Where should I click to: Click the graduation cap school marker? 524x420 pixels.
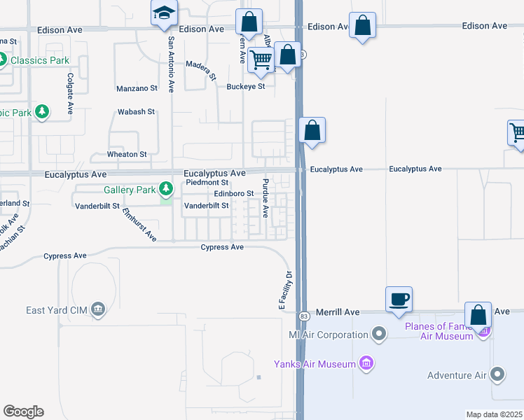click(x=165, y=13)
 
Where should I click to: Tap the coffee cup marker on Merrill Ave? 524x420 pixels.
click(x=399, y=300)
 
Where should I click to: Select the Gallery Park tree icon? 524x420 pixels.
click(x=166, y=189)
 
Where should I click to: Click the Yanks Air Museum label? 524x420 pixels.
click(x=314, y=363)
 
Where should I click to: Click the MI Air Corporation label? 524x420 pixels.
click(x=329, y=335)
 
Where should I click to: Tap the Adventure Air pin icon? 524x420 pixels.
click(x=498, y=375)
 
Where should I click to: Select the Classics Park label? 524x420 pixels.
click(x=39, y=60)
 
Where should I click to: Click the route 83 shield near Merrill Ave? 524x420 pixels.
click(x=303, y=316)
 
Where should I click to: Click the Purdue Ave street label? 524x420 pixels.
click(x=266, y=197)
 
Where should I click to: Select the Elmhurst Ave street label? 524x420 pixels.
click(x=139, y=225)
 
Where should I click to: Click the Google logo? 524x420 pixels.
click(x=23, y=412)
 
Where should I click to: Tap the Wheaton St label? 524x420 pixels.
click(x=127, y=154)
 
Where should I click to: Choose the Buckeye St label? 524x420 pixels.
click(x=245, y=87)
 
